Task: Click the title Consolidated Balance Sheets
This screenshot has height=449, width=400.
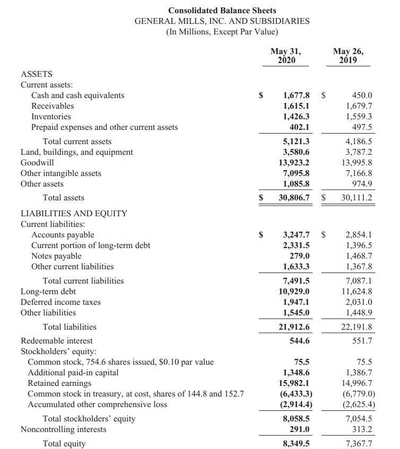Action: pos(222,10)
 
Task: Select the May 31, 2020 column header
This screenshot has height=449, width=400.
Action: pos(285,56)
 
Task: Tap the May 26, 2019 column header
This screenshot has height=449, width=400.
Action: pos(348,56)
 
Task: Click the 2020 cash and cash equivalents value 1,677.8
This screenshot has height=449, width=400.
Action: pos(296,95)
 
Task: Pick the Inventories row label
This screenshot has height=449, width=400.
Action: pos(51,117)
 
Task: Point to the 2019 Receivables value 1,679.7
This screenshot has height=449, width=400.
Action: pos(359,106)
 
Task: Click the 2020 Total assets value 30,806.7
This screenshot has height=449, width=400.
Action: pos(294,198)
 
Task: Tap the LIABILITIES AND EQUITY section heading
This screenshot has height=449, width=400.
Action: pos(74,213)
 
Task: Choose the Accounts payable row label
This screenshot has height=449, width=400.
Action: pos(63,235)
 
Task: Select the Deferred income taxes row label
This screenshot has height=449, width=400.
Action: pos(60,302)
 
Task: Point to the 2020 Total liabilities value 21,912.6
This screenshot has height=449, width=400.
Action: pos(294,327)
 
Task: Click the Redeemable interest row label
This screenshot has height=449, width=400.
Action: pos(56,341)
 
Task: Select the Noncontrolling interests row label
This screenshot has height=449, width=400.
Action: pos(63,429)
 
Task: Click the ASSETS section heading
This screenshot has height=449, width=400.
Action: pos(36,74)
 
